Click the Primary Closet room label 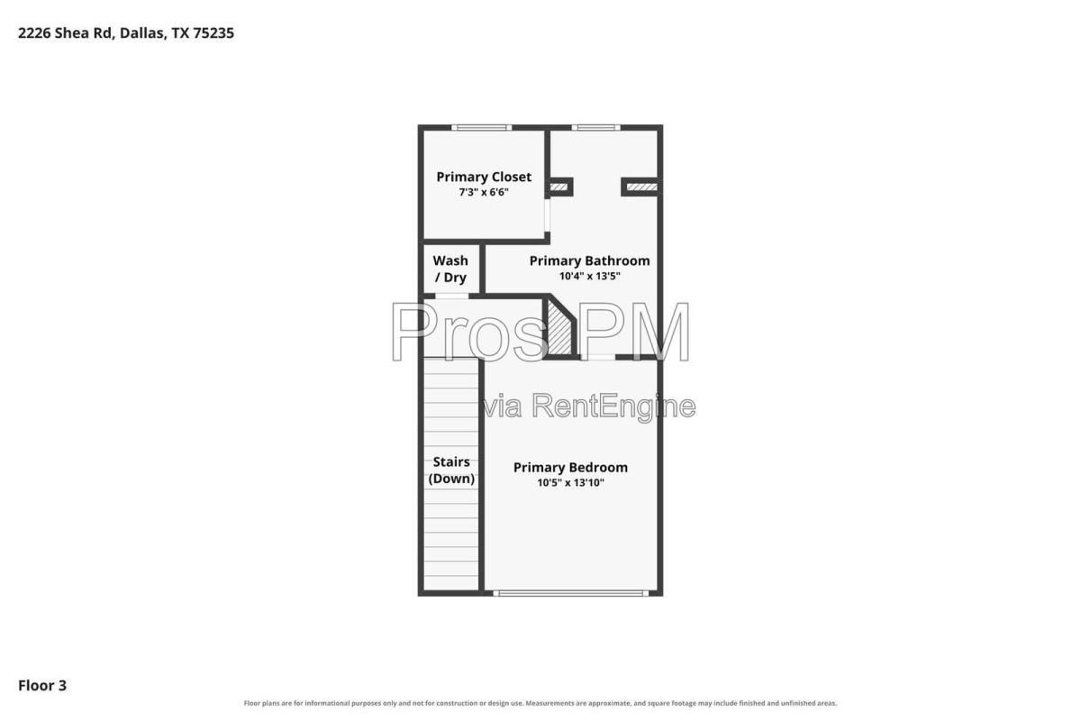(484, 177)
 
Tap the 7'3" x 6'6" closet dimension (484, 192)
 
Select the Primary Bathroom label (589, 260)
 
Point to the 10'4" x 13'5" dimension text (589, 276)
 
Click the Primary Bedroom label (570, 468)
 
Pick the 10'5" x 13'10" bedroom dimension (570, 482)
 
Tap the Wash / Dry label (450, 269)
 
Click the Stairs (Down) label (451, 470)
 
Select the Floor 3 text (42, 685)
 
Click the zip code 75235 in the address (213, 32)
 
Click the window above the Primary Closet (481, 127)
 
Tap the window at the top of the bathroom (596, 127)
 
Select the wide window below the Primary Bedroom (570, 593)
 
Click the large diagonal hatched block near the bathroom (559, 329)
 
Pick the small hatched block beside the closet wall (559, 187)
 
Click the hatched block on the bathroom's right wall (641, 187)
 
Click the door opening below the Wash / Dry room (451, 296)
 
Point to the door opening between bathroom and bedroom (598, 358)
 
